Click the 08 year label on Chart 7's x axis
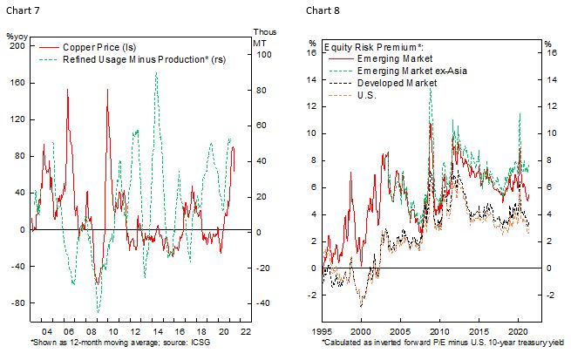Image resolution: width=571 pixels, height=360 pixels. [x=92, y=332]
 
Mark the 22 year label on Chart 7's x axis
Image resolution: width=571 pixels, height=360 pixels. [x=247, y=332]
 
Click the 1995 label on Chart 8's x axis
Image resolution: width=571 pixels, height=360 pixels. [x=323, y=332]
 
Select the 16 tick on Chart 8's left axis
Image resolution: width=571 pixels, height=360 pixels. [x=312, y=52]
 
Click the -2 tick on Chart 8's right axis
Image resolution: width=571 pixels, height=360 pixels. [x=548, y=295]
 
